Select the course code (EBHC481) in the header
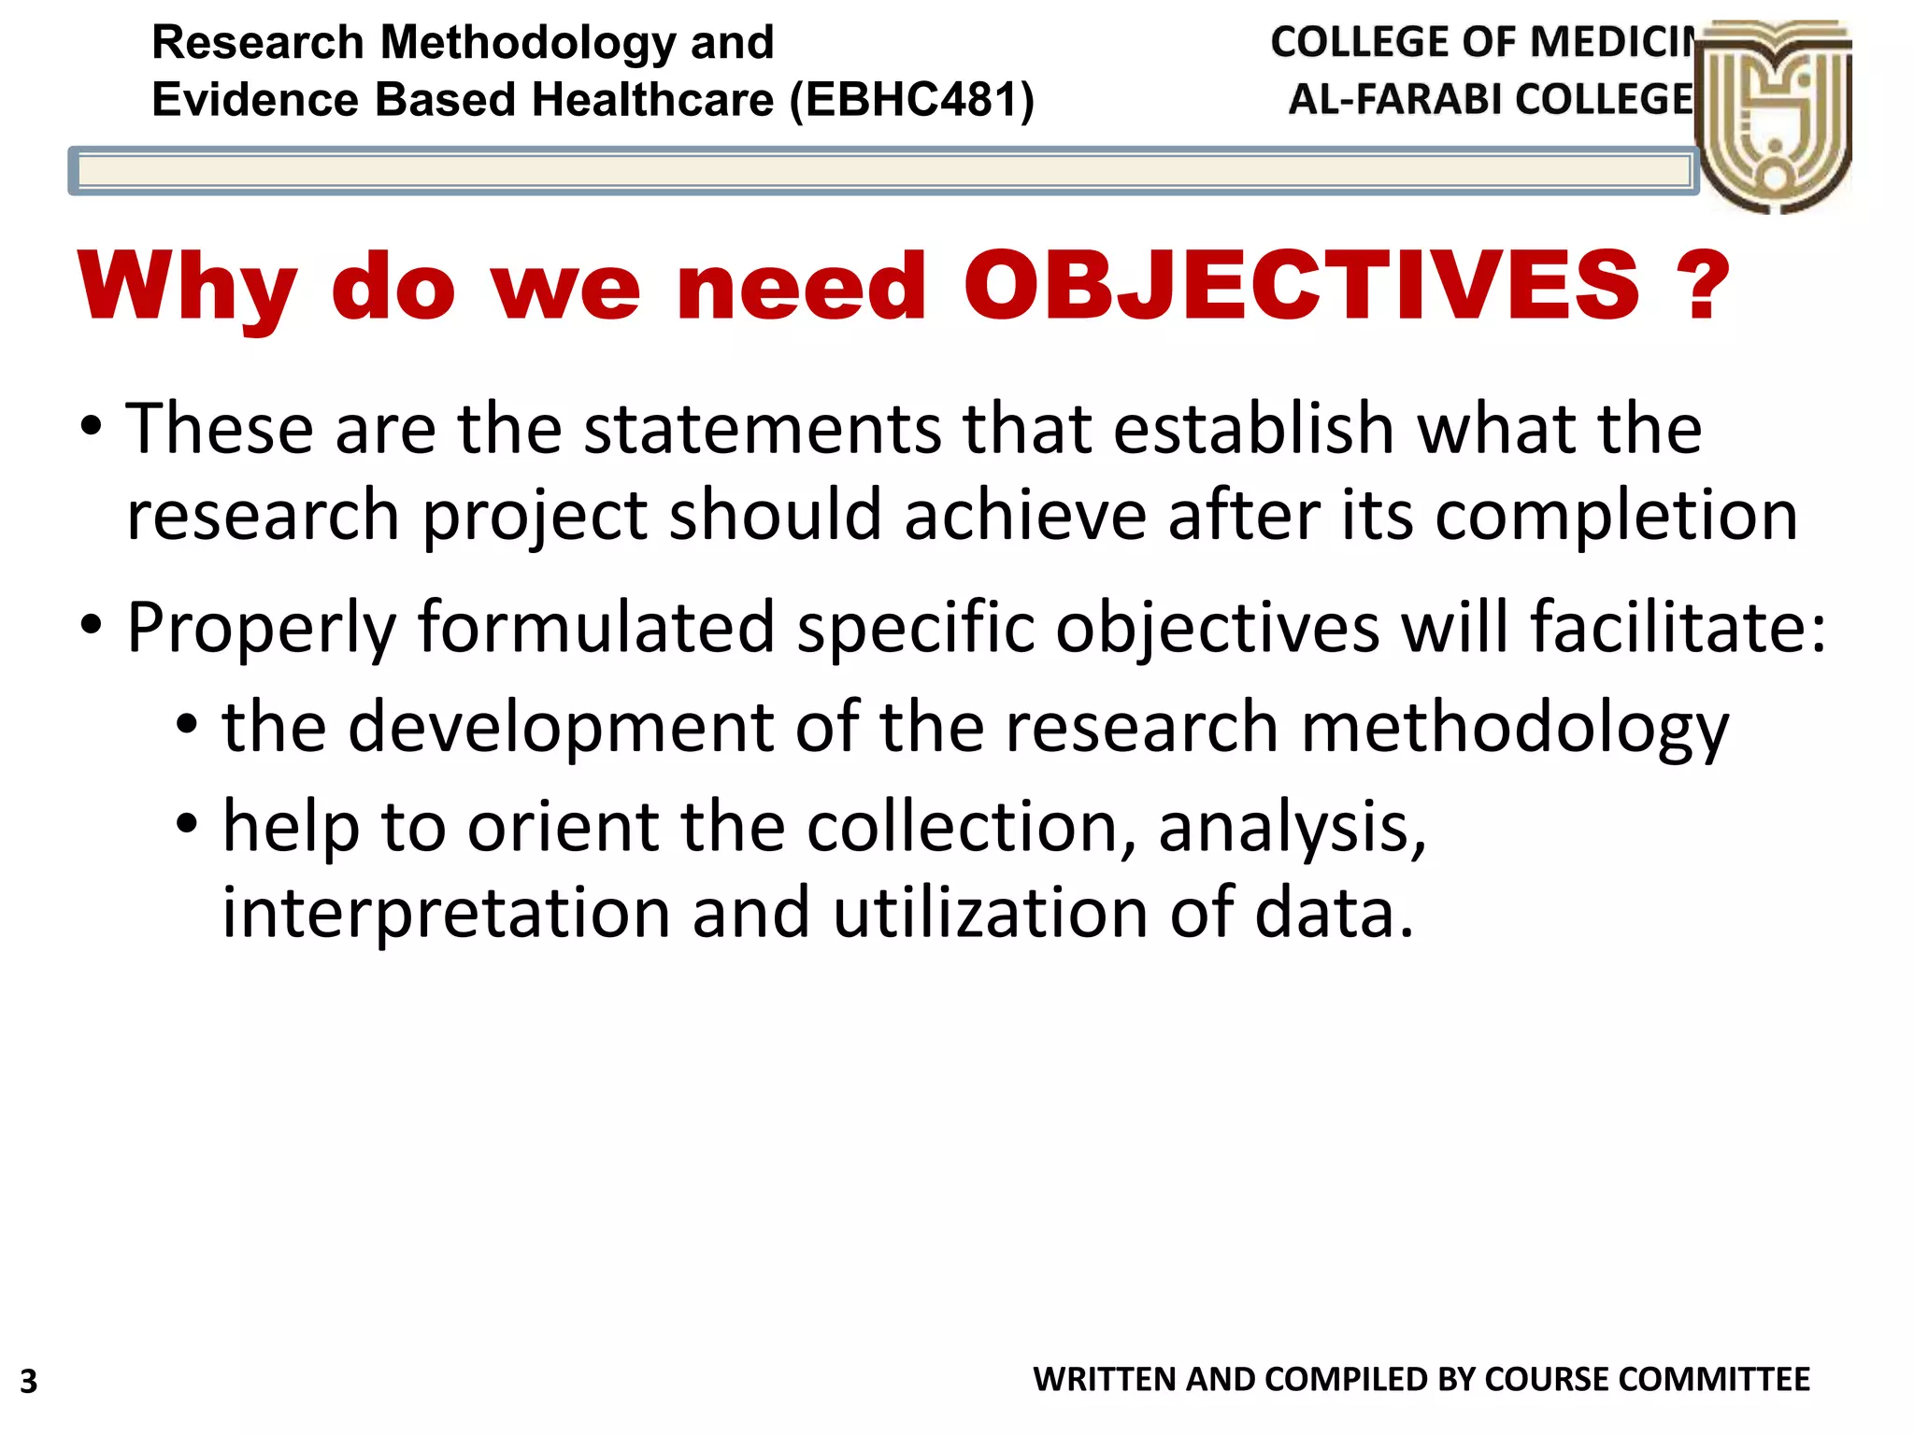(x=912, y=99)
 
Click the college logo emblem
(x=1773, y=117)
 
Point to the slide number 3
(x=29, y=1381)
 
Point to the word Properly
(x=262, y=628)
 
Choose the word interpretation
(x=446, y=913)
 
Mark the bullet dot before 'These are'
(x=91, y=428)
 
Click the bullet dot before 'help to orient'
(x=187, y=824)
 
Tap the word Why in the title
(x=188, y=288)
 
